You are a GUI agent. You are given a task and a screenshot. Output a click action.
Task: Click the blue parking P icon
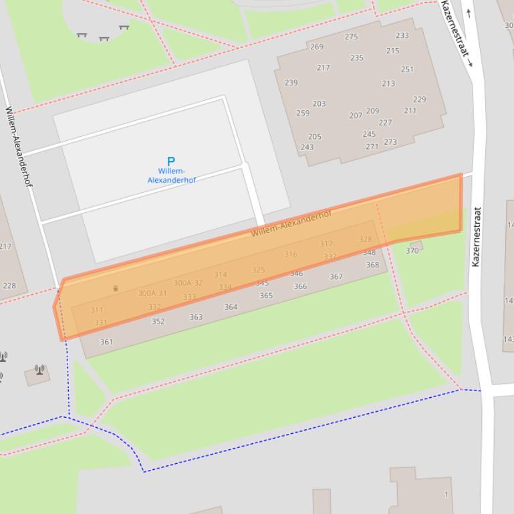click(x=170, y=161)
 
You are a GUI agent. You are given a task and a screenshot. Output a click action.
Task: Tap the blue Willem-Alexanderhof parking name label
click(x=171, y=176)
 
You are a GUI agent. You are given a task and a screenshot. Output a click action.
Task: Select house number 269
click(x=317, y=47)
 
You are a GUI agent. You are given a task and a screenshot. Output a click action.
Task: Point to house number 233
click(x=402, y=35)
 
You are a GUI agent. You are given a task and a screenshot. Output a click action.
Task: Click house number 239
click(x=291, y=83)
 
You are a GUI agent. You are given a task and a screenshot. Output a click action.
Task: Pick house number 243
click(x=307, y=148)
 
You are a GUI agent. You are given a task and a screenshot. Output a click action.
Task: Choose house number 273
click(x=390, y=142)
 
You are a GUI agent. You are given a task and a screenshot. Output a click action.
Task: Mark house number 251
click(x=407, y=69)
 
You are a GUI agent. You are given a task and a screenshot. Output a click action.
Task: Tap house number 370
click(x=412, y=251)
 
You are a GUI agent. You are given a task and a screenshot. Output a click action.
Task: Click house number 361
click(x=106, y=342)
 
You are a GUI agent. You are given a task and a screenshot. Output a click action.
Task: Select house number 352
click(x=158, y=321)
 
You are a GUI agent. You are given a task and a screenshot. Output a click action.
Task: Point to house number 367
click(x=336, y=276)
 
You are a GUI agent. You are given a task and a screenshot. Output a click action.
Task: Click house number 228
click(x=9, y=286)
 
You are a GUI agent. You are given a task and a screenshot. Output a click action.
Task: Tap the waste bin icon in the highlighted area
click(x=116, y=288)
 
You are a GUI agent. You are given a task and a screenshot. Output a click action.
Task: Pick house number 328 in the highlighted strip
click(x=365, y=239)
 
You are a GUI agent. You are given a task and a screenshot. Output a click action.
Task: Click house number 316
click(x=291, y=254)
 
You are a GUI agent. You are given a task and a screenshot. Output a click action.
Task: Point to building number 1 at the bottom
click(x=446, y=495)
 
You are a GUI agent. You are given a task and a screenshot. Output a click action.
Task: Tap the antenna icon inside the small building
click(x=39, y=369)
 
